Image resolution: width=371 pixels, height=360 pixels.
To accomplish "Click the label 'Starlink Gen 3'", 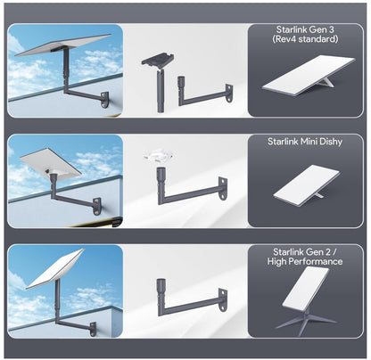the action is [x=305, y=29].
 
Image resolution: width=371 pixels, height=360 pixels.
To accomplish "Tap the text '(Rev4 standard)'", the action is [x=305, y=39].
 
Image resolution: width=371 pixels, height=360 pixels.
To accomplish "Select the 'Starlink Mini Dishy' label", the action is [x=305, y=142].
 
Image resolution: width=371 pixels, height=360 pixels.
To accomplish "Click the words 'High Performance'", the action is [x=305, y=261].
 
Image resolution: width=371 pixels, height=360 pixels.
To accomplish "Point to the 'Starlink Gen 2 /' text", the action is [x=305, y=252].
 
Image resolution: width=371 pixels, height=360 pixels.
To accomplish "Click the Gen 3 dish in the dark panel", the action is [x=309, y=77].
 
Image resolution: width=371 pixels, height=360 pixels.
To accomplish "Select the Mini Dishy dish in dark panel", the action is [x=307, y=185].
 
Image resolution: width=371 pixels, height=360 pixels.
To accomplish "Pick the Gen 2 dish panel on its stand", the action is [x=306, y=288].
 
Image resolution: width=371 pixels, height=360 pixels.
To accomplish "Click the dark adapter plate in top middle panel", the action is [x=158, y=61].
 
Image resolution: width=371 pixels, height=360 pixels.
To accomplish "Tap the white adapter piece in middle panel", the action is [x=158, y=155].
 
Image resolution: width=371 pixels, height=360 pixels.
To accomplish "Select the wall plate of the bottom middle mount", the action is [x=223, y=299].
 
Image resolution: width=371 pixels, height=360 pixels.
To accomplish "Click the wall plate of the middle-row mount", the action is [x=223, y=189].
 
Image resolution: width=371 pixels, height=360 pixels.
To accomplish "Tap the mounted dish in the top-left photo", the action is [x=63, y=45].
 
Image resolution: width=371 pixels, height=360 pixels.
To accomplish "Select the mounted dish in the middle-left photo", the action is [x=51, y=164].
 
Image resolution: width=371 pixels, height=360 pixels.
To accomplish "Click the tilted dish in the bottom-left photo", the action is [x=55, y=269].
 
